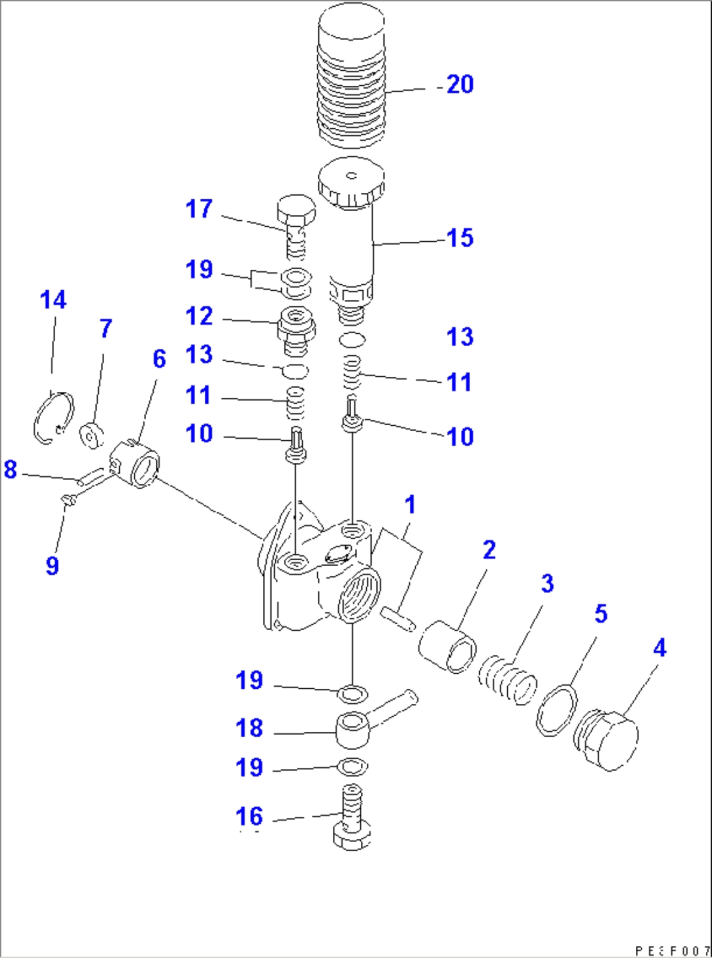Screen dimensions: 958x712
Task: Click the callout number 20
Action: (x=460, y=85)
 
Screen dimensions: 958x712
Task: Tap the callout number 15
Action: (x=460, y=238)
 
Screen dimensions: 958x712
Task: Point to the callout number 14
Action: (x=53, y=300)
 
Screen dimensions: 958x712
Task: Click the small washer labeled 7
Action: (x=91, y=435)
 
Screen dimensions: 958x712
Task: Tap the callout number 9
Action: (x=52, y=565)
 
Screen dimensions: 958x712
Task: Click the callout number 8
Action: (x=10, y=469)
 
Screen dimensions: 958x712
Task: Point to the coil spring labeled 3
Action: (x=508, y=682)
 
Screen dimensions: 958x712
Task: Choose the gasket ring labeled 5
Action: (x=557, y=709)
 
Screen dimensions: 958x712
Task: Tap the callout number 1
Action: (x=410, y=504)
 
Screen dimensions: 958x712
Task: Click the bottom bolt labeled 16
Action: (x=352, y=818)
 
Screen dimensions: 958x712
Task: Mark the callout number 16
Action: (x=249, y=816)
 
